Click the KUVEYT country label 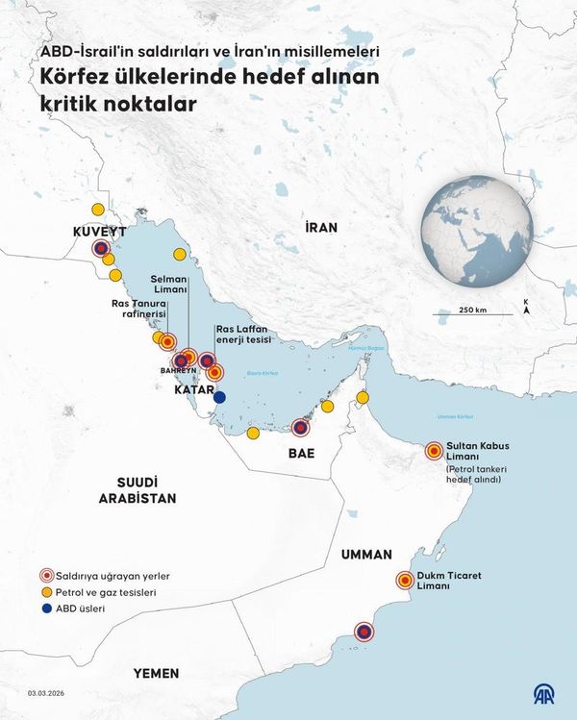tap(100, 232)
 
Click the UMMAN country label tap(365, 555)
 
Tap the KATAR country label tap(193, 391)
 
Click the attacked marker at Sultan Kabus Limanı tap(433, 450)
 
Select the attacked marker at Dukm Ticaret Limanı tap(405, 580)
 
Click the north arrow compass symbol tap(525, 308)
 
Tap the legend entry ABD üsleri tap(82, 608)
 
